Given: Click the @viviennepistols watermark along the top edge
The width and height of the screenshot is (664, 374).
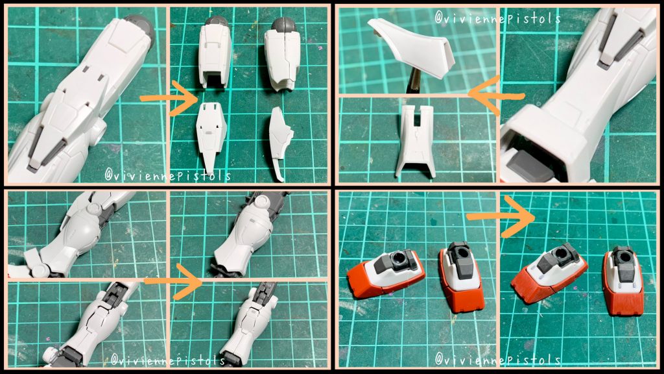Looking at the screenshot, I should tap(498, 18).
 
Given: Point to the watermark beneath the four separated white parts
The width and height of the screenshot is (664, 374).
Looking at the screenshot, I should tap(168, 175).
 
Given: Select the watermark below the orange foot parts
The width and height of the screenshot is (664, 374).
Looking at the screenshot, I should tap(498, 359).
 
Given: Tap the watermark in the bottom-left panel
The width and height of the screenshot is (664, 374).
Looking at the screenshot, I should tap(168, 359).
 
